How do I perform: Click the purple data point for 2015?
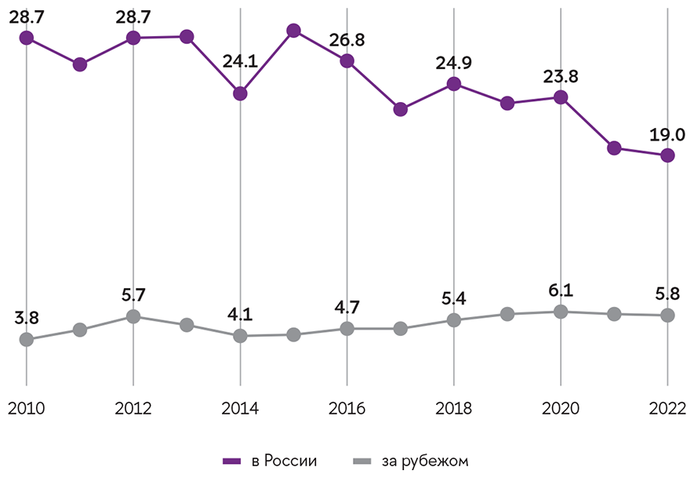pyautogui.click(x=294, y=31)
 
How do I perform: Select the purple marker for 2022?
pyautogui.click(x=667, y=155)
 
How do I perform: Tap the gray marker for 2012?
pyautogui.click(x=133, y=316)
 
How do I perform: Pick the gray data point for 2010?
pyautogui.click(x=27, y=339)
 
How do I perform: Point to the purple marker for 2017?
pyautogui.click(x=401, y=109)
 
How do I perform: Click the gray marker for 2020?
pyautogui.click(x=561, y=312)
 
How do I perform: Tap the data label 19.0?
pyautogui.click(x=667, y=133)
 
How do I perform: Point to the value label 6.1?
pyautogui.click(x=561, y=290)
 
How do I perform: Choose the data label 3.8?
pyautogui.click(x=27, y=318)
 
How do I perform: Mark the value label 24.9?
pyautogui.click(x=453, y=61)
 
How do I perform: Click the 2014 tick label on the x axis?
pyautogui.click(x=240, y=409)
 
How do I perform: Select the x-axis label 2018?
pyautogui.click(x=453, y=409)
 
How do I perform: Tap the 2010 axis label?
pyautogui.click(x=27, y=409)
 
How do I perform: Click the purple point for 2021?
pyautogui.click(x=614, y=148)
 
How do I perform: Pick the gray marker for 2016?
pyautogui.click(x=347, y=329)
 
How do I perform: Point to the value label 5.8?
pyautogui.click(x=667, y=294)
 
